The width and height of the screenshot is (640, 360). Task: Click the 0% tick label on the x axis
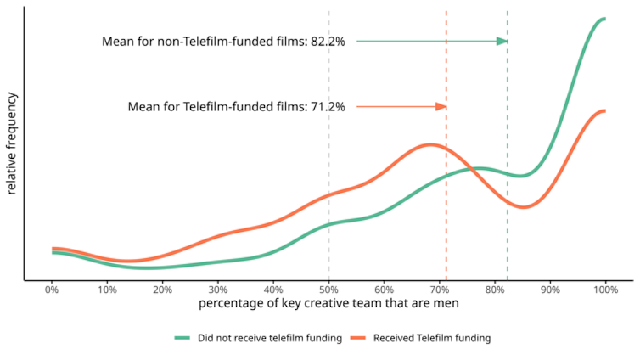coord(52,289)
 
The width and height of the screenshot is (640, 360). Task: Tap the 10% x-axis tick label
coord(107,289)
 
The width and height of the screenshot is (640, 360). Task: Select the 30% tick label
coord(218,289)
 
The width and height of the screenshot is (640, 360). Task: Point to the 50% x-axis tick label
coord(328,289)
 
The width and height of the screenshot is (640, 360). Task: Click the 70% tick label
coord(440,289)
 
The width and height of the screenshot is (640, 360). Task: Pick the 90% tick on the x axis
coord(550,289)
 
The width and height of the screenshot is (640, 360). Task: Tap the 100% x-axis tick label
coord(605,289)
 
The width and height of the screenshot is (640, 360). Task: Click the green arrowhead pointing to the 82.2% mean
coord(502,41)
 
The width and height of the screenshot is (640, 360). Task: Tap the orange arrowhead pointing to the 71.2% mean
coord(441,106)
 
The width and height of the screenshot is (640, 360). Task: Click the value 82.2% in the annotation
coord(327,41)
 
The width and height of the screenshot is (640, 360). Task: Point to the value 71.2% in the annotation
coord(327,106)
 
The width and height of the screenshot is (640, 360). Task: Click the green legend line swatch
coord(183,338)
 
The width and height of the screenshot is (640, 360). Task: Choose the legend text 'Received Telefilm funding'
coord(433,338)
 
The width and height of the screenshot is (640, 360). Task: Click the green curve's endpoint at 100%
coord(604,18)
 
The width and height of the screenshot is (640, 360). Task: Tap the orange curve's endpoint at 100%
coord(604,111)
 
